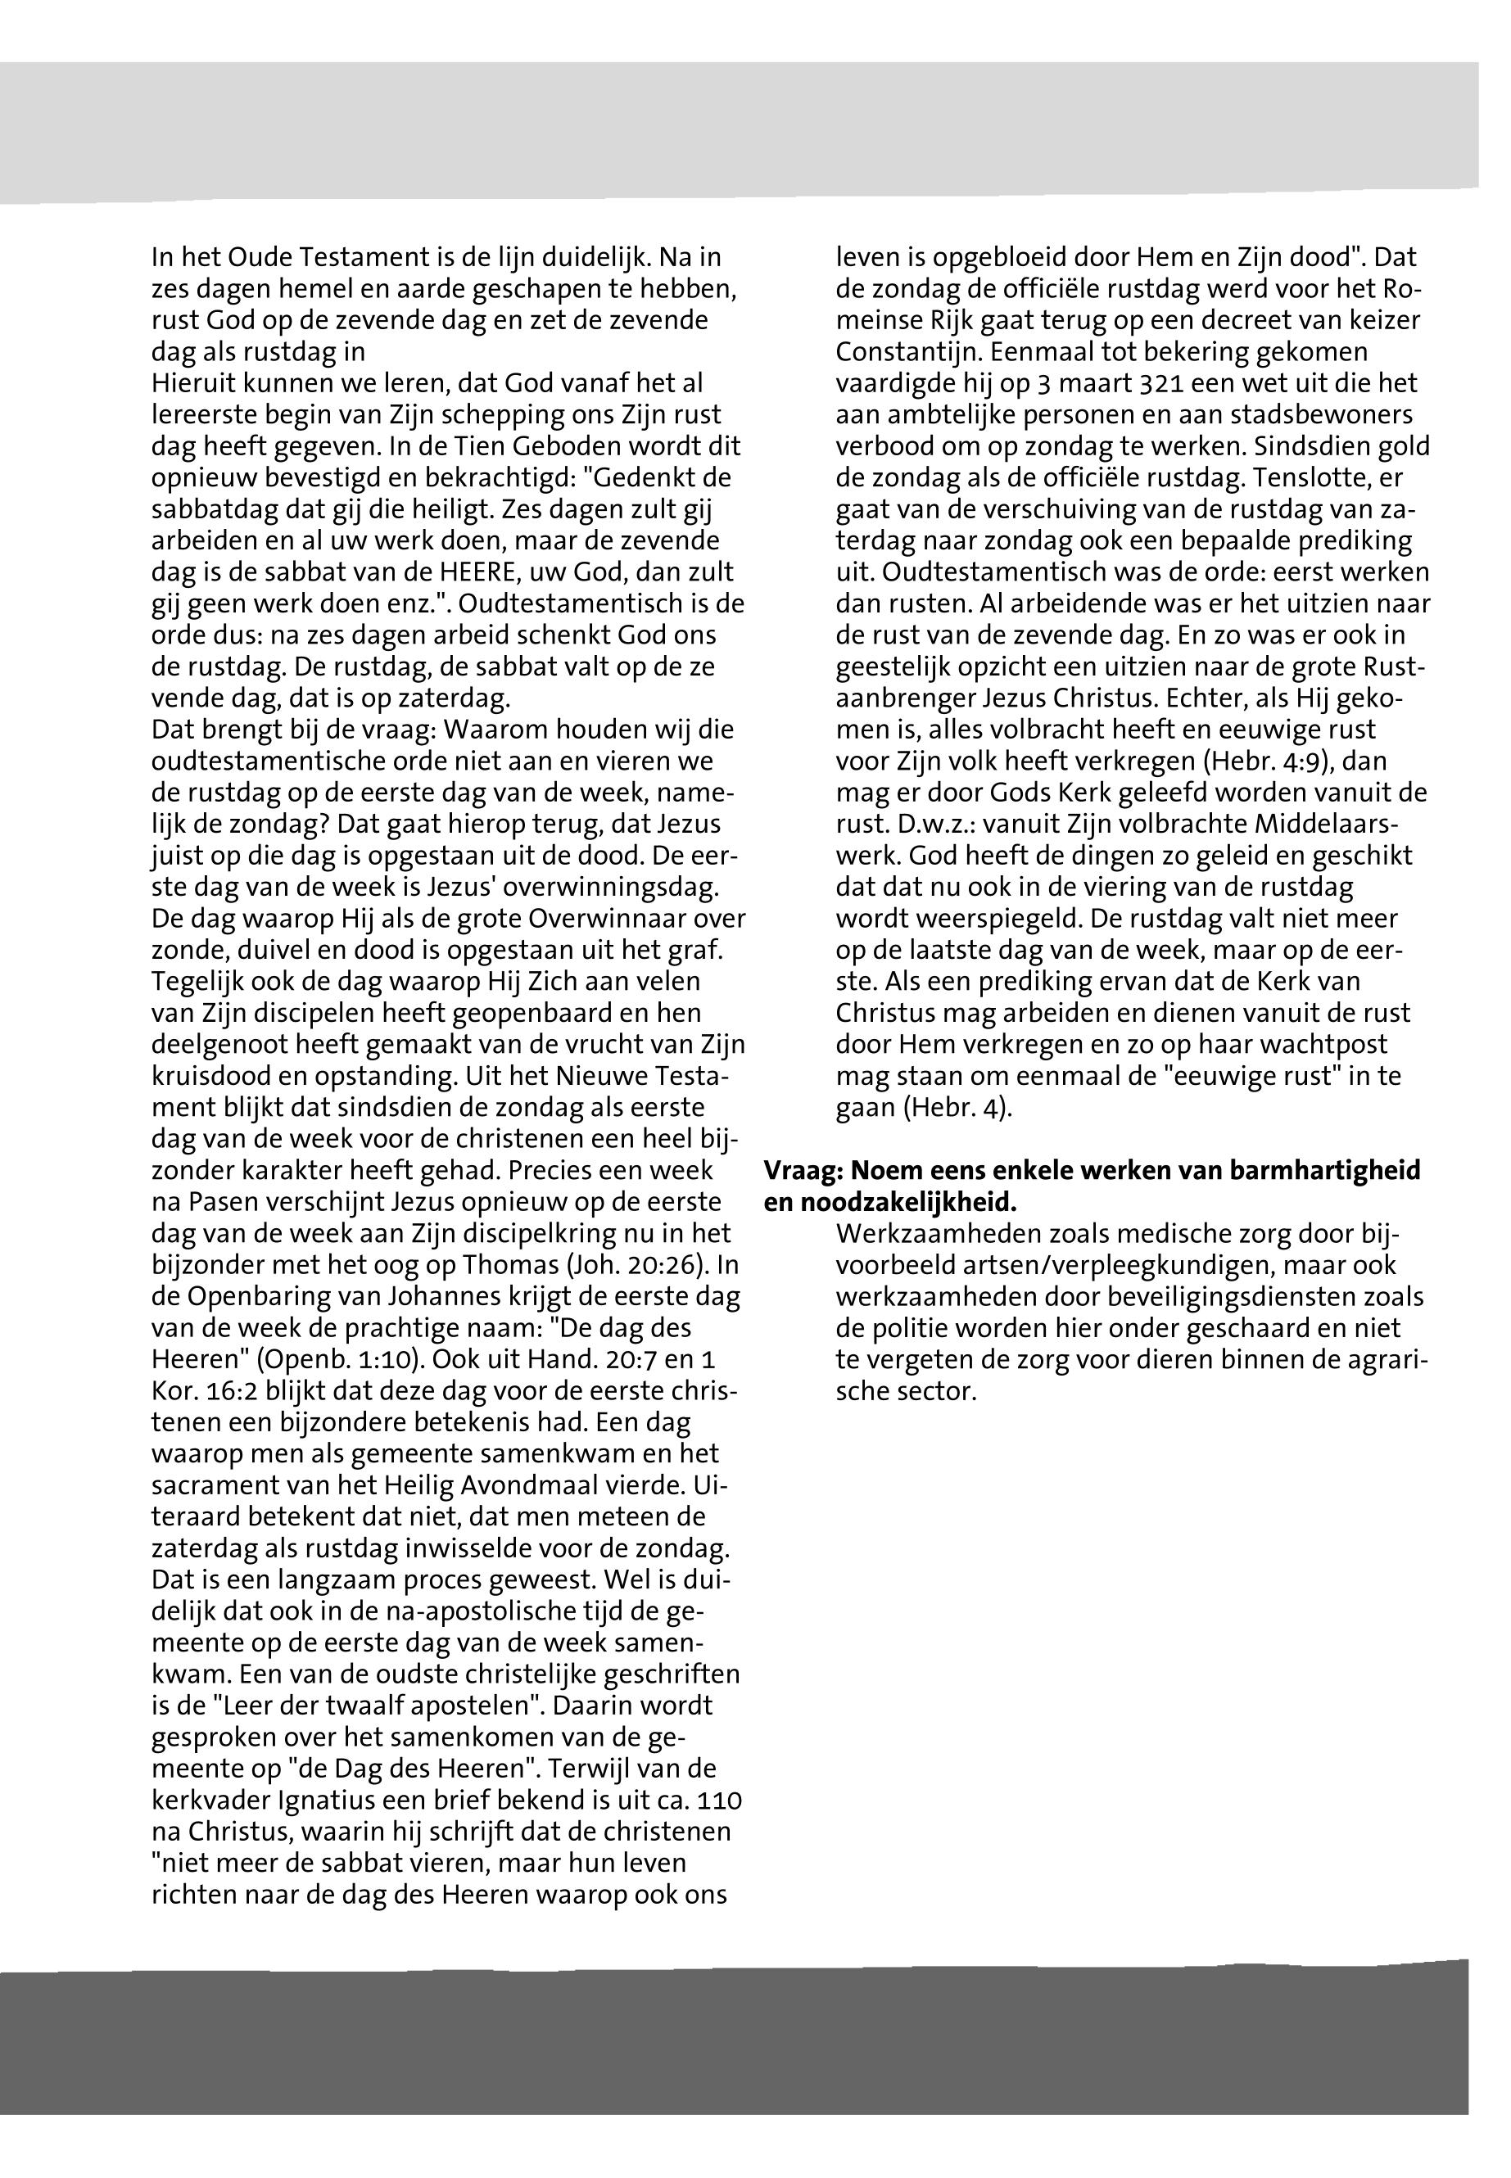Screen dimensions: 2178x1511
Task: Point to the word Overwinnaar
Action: [x=595, y=920]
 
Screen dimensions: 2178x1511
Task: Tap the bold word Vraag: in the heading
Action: [x=803, y=1172]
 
